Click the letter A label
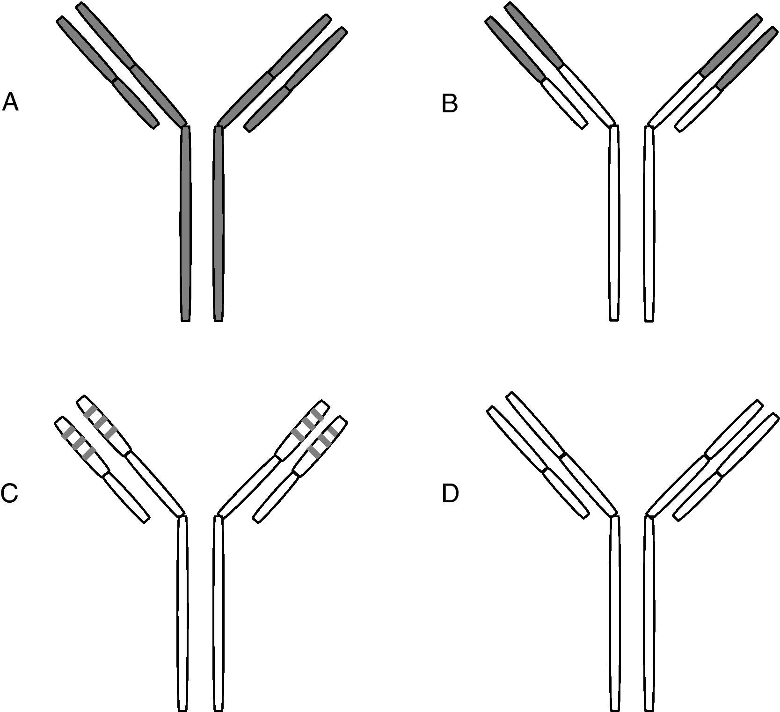10,102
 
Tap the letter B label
450,104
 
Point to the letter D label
450,494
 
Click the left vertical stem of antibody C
182,613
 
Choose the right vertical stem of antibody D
649,613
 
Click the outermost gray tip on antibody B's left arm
515,50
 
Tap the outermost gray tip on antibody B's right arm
747,58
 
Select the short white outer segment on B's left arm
564,104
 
